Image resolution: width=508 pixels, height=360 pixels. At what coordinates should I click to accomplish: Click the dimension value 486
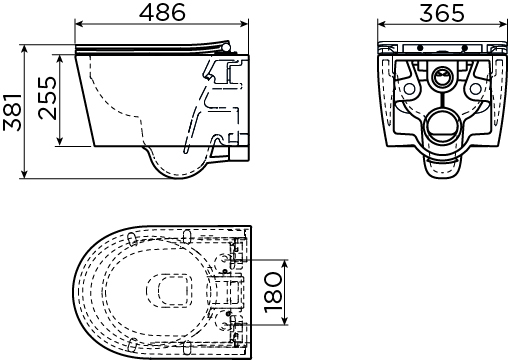pyautogui.click(x=162, y=12)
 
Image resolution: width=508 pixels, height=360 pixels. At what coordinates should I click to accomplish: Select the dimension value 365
pyautogui.click(x=442, y=13)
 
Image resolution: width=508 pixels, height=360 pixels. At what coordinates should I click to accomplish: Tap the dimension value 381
pyautogui.click(x=13, y=112)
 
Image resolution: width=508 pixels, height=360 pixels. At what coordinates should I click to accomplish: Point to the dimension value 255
pyautogui.click(x=48, y=98)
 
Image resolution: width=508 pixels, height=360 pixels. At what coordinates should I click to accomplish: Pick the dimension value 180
pyautogui.click(x=273, y=292)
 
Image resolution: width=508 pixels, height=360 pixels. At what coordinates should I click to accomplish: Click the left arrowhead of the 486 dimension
pyautogui.click(x=79, y=24)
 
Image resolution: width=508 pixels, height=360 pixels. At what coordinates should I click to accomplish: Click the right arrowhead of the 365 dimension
pyautogui.click(x=503, y=24)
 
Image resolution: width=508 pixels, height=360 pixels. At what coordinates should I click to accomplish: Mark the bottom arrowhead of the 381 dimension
pyautogui.click(x=24, y=174)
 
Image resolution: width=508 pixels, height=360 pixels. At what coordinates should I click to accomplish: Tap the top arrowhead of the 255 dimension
pyautogui.click(x=60, y=59)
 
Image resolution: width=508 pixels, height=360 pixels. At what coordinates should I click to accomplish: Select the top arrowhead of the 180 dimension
pyautogui.click(x=284, y=264)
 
